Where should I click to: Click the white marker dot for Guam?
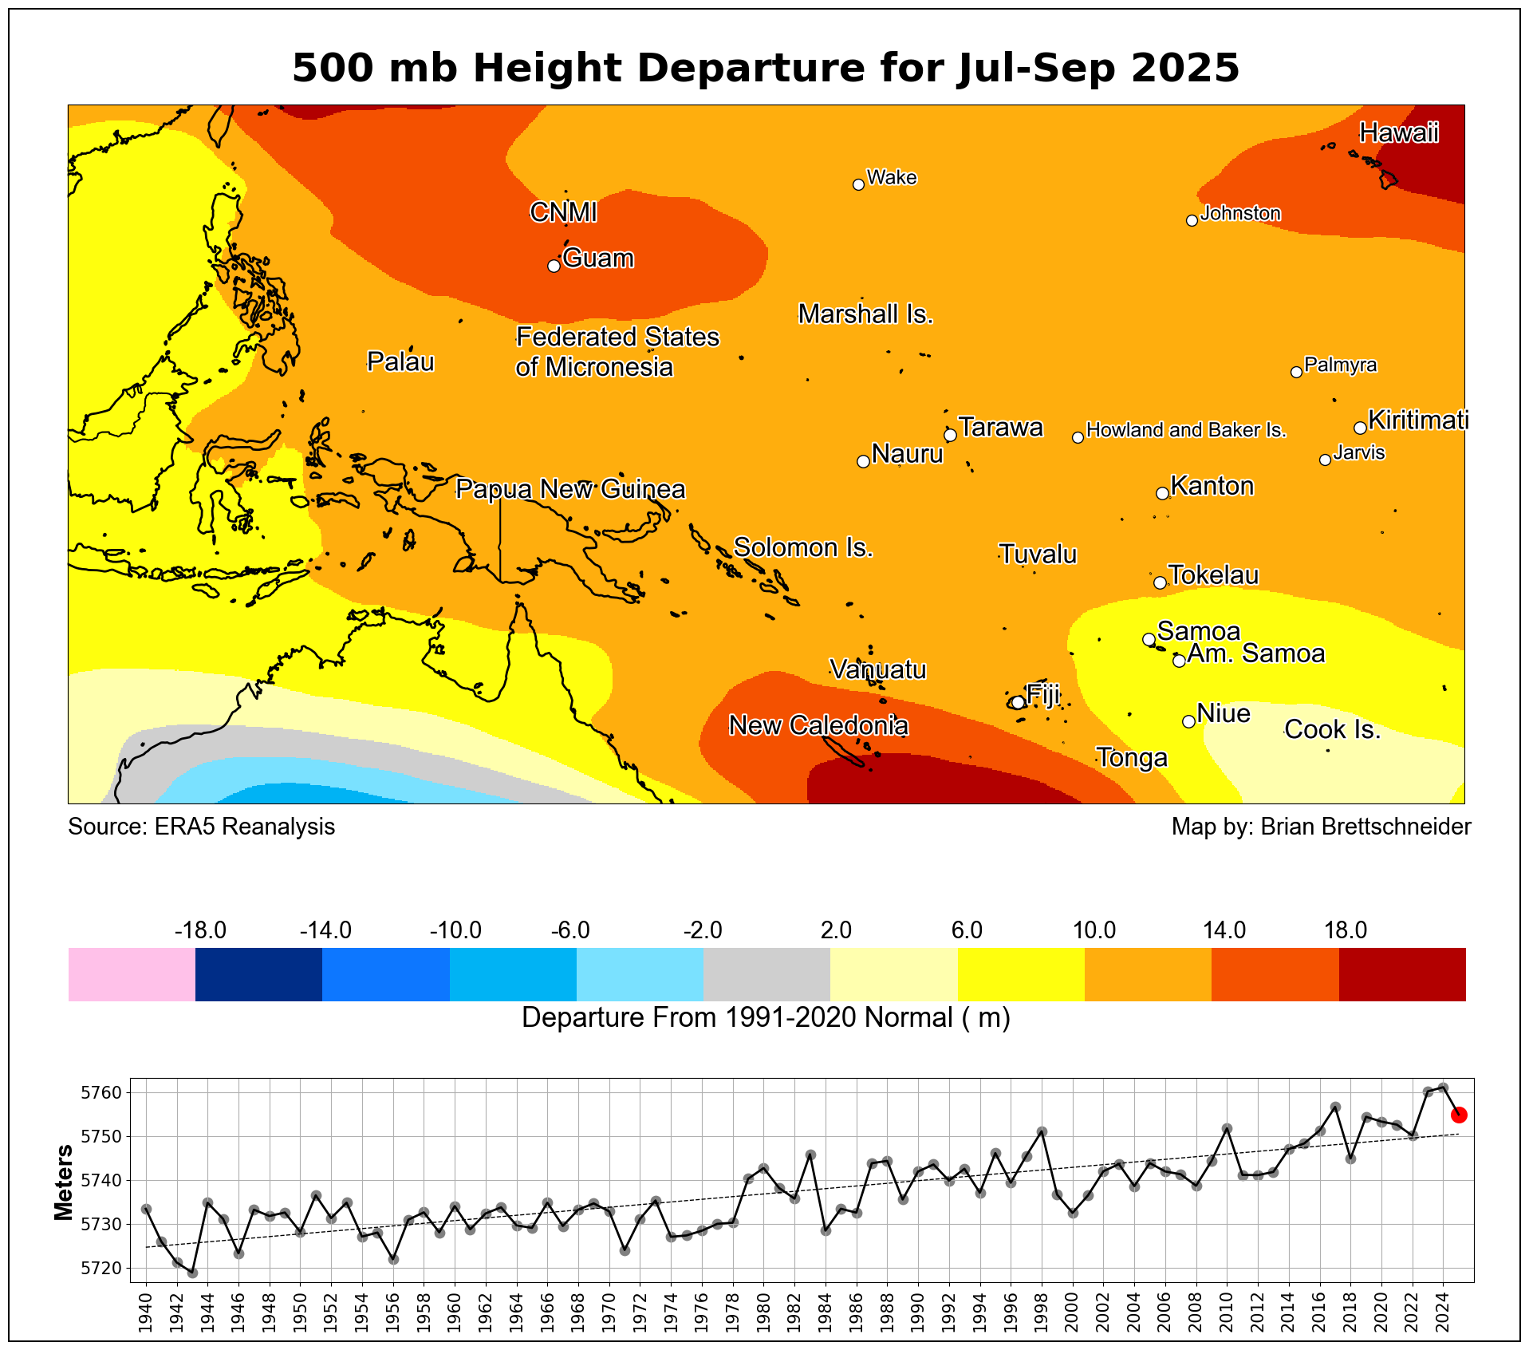coord(554,266)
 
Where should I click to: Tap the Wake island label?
coord(891,177)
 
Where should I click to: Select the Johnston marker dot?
coord(1192,221)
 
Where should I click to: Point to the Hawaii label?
coord(1399,132)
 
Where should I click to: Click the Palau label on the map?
coord(400,362)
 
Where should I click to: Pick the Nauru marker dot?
coord(862,461)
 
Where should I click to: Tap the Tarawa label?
coord(1000,428)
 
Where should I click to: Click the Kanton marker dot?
coord(1162,494)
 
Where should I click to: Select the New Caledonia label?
coord(818,725)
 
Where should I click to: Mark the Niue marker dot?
coord(1188,721)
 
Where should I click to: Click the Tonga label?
coord(1132,757)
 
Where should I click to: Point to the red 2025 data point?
coord(1459,1115)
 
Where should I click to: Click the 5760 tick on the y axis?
coord(102,1092)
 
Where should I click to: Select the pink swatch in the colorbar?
coord(132,973)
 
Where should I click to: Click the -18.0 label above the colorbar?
coord(200,930)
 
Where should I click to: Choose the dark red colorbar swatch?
coord(1402,973)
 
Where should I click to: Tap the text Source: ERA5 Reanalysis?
coord(201,827)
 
